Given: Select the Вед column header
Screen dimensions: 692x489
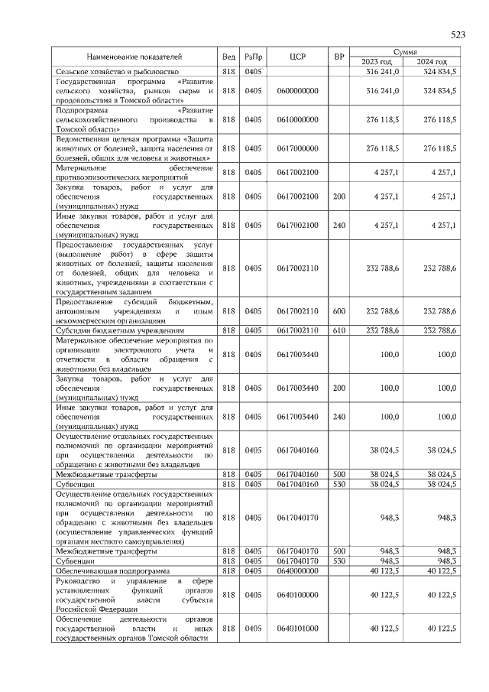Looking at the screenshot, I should tap(228, 57).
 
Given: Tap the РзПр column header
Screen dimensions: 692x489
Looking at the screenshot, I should tap(253, 57).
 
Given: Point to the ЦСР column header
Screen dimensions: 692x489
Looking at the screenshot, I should tap(297, 57).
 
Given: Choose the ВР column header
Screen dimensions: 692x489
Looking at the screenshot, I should tap(339, 57).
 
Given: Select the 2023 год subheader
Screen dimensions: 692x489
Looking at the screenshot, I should tap(377, 62).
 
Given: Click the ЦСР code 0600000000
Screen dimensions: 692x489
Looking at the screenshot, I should tap(297, 91).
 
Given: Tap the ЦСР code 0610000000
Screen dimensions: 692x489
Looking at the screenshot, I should tap(297, 120).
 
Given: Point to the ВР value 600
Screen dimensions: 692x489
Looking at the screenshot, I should tap(339, 311).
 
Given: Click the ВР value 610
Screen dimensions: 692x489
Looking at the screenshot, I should tap(339, 330).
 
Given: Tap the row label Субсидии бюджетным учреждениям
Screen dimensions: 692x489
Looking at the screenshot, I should tap(110, 330).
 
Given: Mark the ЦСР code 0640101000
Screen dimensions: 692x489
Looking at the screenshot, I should tap(297, 628).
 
